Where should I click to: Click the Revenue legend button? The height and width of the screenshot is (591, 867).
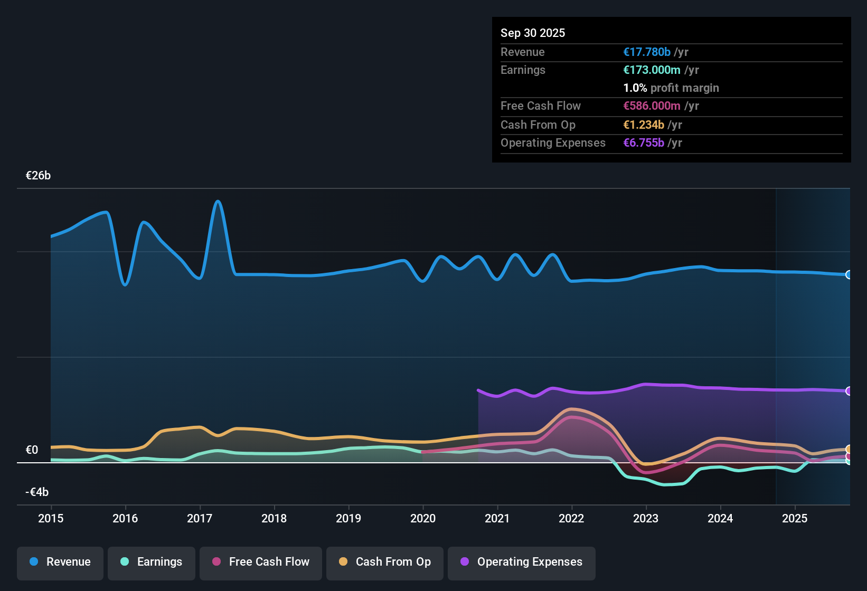click(x=60, y=562)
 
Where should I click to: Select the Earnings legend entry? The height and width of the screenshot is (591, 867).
click(x=152, y=562)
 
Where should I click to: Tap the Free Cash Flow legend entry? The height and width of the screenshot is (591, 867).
click(x=261, y=562)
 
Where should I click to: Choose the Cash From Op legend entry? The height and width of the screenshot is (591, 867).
click(x=385, y=562)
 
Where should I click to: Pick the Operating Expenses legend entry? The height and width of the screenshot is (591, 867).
click(x=522, y=562)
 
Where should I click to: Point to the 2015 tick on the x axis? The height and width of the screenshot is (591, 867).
click(x=51, y=518)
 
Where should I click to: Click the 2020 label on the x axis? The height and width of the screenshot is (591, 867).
click(x=423, y=518)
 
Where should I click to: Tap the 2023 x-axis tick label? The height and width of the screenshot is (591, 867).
click(x=646, y=518)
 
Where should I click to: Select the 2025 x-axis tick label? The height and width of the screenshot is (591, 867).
click(x=795, y=518)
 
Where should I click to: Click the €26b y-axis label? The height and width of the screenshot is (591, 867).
click(x=38, y=176)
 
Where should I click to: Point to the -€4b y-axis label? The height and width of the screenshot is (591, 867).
click(x=37, y=492)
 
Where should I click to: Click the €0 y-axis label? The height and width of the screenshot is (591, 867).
click(x=32, y=450)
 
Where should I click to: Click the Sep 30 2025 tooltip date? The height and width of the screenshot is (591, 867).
click(x=533, y=33)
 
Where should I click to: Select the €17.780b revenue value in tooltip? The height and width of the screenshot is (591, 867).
click(x=647, y=52)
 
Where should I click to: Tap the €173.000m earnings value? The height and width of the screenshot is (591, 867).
click(x=652, y=70)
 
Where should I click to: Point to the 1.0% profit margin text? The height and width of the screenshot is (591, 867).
click(x=671, y=88)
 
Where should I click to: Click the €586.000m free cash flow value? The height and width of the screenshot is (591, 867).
click(x=652, y=106)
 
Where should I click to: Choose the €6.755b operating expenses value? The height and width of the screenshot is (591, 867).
click(x=644, y=142)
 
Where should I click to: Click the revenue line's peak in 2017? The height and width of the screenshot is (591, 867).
click(x=218, y=201)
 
